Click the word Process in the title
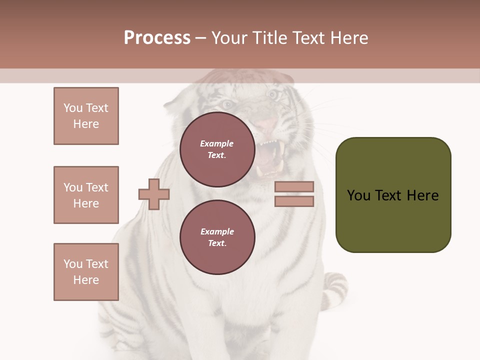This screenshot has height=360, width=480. (157, 38)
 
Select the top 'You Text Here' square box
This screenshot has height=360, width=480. (86, 116)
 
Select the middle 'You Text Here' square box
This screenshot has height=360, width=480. (86, 195)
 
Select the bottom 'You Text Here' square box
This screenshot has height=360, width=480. (86, 272)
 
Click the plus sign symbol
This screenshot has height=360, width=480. (154, 194)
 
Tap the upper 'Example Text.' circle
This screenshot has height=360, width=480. (217, 149)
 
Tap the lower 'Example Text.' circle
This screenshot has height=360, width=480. (217, 237)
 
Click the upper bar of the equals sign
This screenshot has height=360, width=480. (294, 186)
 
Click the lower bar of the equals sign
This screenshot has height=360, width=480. (294, 201)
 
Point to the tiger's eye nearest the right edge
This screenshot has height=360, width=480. (272, 93)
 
